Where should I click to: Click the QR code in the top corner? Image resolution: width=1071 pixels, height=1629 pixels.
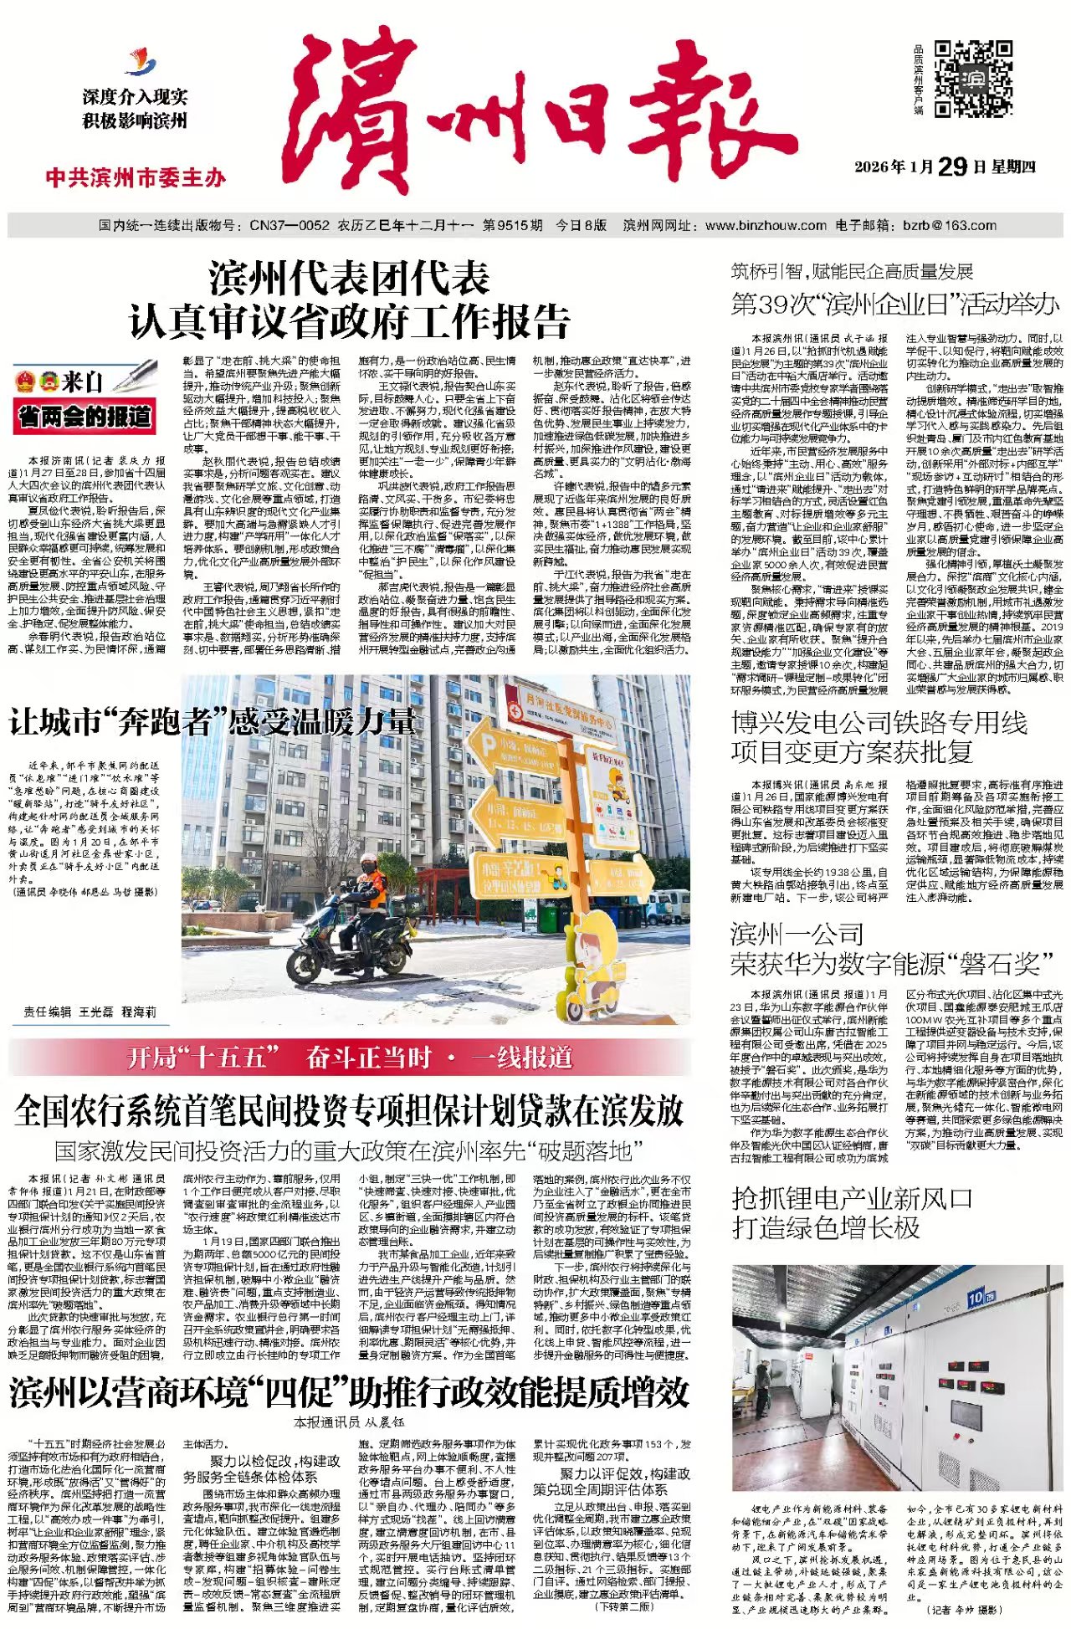[x=973, y=77]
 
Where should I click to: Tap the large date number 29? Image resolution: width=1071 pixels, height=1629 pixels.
[x=951, y=166]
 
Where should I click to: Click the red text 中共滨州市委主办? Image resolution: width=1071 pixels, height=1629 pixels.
[x=136, y=177]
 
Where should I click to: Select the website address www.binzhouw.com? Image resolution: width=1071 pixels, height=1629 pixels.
[x=766, y=225]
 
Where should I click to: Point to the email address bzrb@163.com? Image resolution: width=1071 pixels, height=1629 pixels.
[x=950, y=225]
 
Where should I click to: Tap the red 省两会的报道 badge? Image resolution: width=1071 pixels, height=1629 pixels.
[x=85, y=416]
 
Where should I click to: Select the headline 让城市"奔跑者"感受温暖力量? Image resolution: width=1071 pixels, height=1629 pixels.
[x=212, y=721]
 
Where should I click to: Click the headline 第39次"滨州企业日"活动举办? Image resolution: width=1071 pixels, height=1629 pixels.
[x=894, y=304]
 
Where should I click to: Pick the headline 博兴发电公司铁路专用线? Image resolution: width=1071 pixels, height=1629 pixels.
[x=879, y=722]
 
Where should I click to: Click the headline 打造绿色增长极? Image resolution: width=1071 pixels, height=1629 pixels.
[x=826, y=1227]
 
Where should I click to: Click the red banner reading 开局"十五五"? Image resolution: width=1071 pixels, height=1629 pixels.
[x=350, y=1058]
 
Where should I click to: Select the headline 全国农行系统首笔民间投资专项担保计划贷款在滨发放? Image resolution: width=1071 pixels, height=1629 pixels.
[x=349, y=1110]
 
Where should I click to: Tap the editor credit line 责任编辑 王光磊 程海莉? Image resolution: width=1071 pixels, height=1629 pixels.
[x=90, y=1012]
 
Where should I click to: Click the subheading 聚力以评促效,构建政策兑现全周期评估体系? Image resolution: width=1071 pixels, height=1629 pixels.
[x=612, y=1482]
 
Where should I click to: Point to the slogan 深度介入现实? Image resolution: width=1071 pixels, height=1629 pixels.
[x=135, y=97]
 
